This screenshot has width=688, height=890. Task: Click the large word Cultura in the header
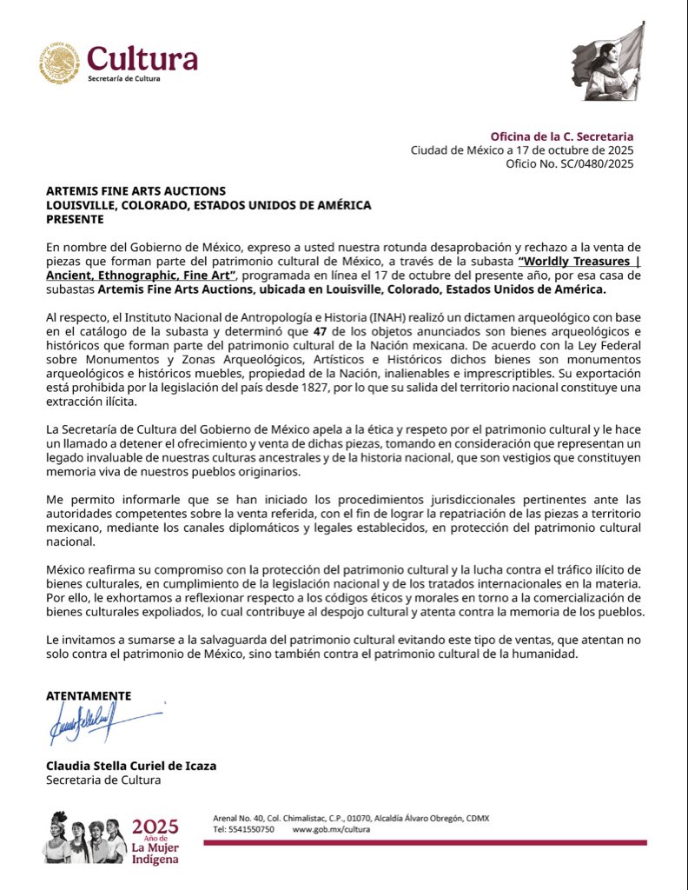[x=142, y=58]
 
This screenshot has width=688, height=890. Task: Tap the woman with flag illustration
[x=609, y=62]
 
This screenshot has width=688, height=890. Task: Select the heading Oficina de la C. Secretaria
[x=561, y=136]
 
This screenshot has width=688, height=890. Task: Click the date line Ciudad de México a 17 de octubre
[x=521, y=150]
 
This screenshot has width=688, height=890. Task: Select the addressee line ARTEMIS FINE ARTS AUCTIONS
[x=136, y=191]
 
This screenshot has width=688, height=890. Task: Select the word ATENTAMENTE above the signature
[x=88, y=696]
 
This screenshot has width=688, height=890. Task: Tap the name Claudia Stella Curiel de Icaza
[x=130, y=766]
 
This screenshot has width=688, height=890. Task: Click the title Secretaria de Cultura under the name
[x=103, y=780]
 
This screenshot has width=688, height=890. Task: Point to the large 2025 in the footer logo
[x=155, y=827]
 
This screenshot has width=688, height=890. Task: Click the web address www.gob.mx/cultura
[x=331, y=829]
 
